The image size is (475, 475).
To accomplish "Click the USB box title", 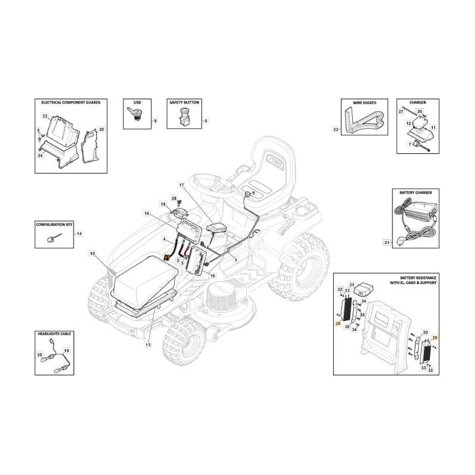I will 138,103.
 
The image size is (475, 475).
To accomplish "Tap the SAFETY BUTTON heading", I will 184,103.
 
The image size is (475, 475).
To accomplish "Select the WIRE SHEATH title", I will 364,103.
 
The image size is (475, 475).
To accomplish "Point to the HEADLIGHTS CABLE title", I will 54,335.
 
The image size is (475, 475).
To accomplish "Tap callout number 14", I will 80,235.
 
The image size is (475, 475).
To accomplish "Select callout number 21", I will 386,242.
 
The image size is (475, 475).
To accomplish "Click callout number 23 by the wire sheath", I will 335,129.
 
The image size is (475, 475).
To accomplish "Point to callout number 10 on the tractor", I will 92,254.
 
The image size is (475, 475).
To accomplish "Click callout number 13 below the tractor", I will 147,344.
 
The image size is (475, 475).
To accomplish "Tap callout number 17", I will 181,186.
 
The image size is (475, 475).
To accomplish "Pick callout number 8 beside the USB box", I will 156,121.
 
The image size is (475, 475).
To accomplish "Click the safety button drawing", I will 183,117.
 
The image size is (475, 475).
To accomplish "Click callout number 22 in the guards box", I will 45,116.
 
